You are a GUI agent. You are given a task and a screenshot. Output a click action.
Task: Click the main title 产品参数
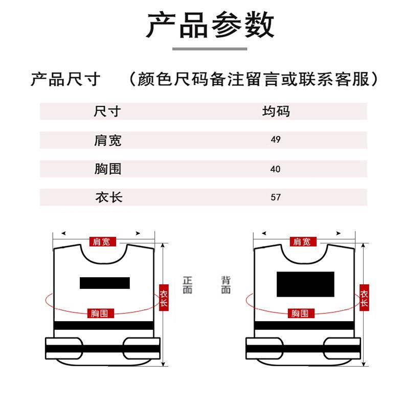210,25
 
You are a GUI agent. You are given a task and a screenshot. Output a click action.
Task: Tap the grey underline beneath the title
210,49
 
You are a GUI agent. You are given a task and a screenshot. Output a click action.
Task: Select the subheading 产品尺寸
65,79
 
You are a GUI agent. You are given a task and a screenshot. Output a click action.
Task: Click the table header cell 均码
276,111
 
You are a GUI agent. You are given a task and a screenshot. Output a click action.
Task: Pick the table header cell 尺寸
107,111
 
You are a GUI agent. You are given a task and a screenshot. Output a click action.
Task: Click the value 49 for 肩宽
276,140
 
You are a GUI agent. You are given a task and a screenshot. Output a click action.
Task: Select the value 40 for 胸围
276,169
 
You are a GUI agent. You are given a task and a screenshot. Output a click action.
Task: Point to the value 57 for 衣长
276,197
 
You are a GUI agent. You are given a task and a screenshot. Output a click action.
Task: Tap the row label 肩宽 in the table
107,141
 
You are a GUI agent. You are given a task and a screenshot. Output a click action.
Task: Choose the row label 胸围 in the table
108,169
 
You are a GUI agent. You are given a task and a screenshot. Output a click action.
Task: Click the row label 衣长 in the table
109,197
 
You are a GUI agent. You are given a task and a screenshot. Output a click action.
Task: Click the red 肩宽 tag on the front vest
103,242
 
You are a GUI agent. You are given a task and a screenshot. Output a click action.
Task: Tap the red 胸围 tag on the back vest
301,313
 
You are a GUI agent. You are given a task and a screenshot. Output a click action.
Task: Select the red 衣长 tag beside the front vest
164,298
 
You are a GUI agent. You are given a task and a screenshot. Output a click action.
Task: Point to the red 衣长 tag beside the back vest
364,298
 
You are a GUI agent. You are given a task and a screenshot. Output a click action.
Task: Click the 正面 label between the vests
188,285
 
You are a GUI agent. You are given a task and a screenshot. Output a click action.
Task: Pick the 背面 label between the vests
226,285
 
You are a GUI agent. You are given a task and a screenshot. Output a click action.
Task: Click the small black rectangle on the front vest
105,283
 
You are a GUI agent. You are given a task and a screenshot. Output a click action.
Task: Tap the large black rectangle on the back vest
305,284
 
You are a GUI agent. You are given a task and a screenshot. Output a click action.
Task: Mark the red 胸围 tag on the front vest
100,313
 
